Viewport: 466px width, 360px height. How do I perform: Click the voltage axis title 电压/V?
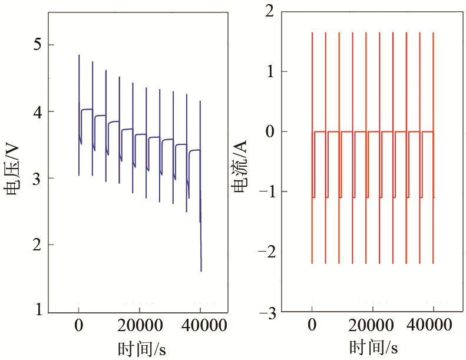point(13,171)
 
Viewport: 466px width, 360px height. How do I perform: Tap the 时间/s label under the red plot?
point(374,347)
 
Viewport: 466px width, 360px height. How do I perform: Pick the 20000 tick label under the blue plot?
point(140,325)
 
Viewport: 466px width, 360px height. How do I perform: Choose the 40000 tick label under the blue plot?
point(200,325)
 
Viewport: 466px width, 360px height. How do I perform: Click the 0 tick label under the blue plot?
point(78,325)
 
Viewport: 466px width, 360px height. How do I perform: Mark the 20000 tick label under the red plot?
point(372,325)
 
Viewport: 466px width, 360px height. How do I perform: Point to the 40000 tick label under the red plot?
point(433,325)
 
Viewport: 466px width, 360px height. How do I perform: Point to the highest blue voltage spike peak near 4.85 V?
point(79,55)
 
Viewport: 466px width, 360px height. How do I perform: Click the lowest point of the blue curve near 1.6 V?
point(201,270)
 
